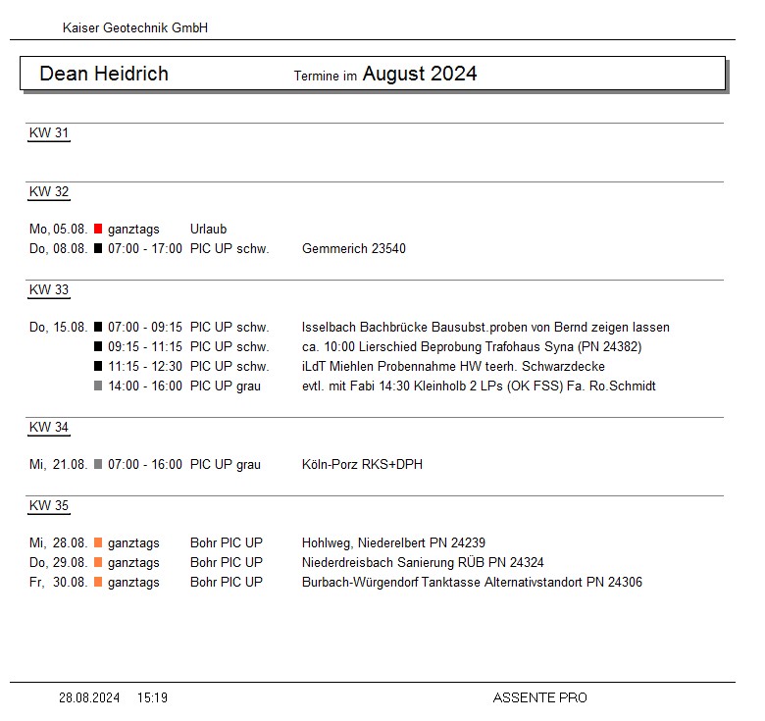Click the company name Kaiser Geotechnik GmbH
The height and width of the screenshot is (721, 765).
[x=134, y=28]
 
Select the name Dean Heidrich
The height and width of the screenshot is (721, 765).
[x=104, y=74]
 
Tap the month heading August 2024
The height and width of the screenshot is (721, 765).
[x=420, y=74]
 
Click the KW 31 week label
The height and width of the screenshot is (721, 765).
[x=49, y=133]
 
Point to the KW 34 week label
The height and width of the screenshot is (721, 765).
[x=49, y=428]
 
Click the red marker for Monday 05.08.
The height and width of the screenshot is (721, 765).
[x=98, y=230]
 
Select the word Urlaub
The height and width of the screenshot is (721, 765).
[x=208, y=230]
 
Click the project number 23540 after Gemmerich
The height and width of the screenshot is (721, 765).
[x=388, y=249]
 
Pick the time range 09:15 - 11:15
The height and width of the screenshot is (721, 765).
[x=145, y=347]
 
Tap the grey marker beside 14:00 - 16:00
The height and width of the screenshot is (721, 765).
[x=98, y=386]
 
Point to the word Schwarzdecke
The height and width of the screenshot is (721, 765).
[x=563, y=367]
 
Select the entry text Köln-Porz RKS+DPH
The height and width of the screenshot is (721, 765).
[x=362, y=465]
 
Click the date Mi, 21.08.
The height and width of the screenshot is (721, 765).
[x=59, y=465]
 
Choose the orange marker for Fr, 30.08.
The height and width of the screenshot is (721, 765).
[x=98, y=583]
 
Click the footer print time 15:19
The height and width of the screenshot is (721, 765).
[x=152, y=698]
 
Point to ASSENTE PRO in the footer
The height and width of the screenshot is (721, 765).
[x=539, y=698]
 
